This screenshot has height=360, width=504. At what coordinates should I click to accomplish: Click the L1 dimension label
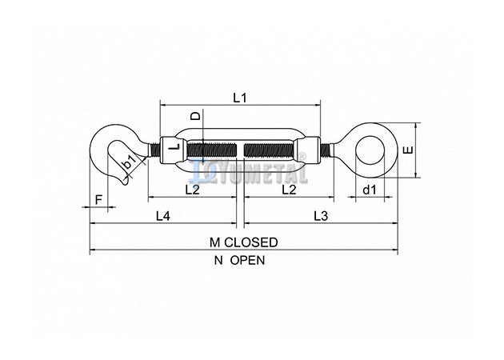click(x=240, y=98)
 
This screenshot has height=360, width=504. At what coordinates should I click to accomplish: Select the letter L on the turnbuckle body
click(x=175, y=147)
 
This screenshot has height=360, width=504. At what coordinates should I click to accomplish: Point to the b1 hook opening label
click(x=129, y=162)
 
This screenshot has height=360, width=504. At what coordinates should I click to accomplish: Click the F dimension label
click(x=98, y=200)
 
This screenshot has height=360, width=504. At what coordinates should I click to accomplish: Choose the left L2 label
click(x=193, y=190)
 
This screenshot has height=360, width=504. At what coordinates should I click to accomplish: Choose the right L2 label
click(x=289, y=190)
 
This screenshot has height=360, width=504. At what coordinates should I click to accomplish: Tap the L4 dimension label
click(x=163, y=216)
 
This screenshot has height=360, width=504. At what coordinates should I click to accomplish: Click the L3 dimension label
click(x=321, y=216)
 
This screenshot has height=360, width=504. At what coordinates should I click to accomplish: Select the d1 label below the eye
click(x=370, y=190)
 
